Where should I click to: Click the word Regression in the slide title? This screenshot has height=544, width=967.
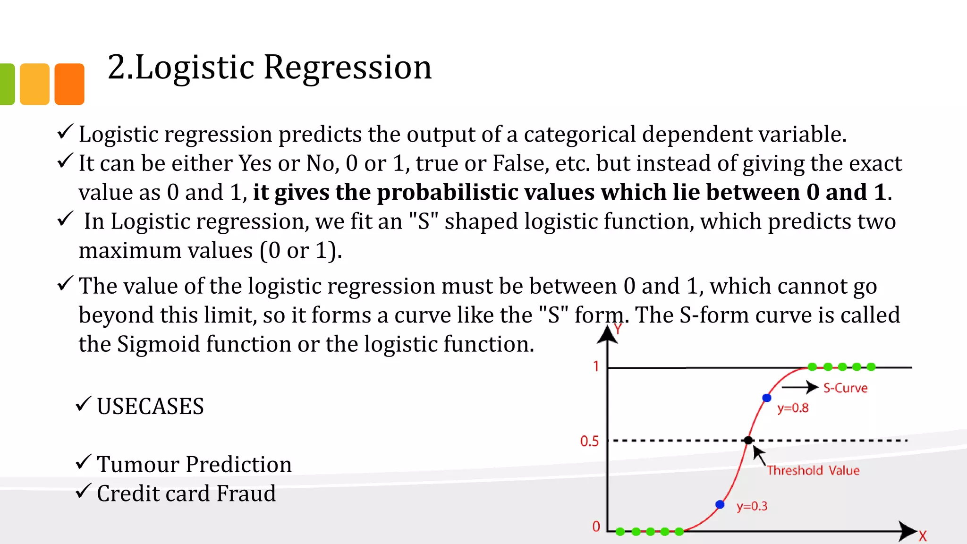tap(347, 68)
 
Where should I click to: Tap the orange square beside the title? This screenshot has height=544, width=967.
tap(69, 84)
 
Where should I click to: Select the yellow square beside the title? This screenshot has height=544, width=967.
tap(34, 84)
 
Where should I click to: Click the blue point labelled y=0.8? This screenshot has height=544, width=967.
tap(767, 398)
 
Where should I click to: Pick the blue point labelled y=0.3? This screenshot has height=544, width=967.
tap(720, 504)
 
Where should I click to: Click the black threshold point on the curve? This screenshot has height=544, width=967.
tap(748, 441)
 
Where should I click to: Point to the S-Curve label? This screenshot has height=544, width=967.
tap(845, 388)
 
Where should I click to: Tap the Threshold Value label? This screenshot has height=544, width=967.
tap(813, 470)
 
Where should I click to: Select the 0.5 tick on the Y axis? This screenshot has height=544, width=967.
tap(589, 441)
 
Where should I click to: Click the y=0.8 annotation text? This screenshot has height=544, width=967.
tap(793, 408)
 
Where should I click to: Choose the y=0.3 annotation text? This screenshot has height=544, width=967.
tap(752, 506)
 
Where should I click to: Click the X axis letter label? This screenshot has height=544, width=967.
tap(923, 536)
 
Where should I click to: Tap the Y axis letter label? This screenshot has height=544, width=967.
tap(618, 329)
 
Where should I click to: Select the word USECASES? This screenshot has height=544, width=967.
tap(150, 407)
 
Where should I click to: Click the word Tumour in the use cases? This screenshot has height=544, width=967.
tap(137, 465)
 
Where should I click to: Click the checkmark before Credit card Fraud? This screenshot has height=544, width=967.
tap(83, 491)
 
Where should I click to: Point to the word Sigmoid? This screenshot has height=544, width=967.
tap(158, 344)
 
